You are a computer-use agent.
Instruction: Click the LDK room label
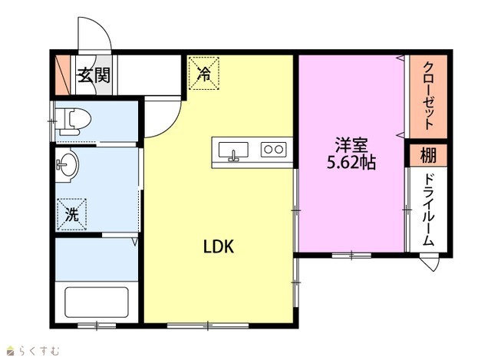[x=219, y=246]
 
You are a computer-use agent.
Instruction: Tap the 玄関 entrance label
[x=94, y=75]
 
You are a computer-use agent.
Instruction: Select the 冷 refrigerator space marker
[x=203, y=73]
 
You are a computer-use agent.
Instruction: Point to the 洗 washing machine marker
[x=71, y=215]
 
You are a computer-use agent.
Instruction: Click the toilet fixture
[x=74, y=121]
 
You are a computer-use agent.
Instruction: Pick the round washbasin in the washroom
[x=68, y=163]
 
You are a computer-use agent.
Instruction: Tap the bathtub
[x=97, y=302]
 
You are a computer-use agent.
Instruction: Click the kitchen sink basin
[x=233, y=150]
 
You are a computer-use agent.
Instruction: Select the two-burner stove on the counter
[x=274, y=150]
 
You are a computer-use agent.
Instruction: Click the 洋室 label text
[x=351, y=145]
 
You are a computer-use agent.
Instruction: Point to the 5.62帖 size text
[x=351, y=162]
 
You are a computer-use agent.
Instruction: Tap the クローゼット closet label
[x=429, y=95]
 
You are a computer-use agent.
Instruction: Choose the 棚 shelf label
[x=428, y=155]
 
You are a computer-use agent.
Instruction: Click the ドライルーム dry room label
[x=428, y=210]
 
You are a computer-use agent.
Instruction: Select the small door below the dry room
[x=430, y=263]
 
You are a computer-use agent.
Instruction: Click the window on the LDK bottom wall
[x=208, y=326]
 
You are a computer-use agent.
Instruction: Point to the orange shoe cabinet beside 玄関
[x=63, y=75]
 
